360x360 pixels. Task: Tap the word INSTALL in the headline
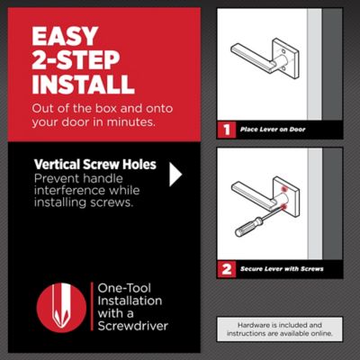coord(83,85)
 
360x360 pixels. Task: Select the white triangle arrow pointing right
coord(175,174)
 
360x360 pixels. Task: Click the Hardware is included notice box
coord(279,327)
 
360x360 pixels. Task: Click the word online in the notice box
coord(317,333)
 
